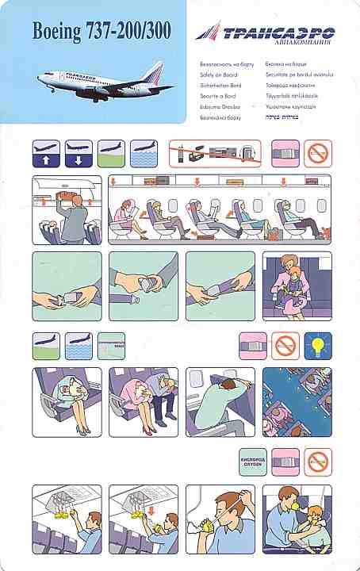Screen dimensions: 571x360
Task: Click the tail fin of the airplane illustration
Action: click(154, 72)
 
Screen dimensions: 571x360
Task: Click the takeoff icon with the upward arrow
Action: click(46, 153)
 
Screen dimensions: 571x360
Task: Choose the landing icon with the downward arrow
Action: click(79, 153)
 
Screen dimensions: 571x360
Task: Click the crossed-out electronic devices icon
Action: click(215, 152)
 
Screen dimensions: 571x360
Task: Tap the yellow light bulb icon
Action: click(318, 346)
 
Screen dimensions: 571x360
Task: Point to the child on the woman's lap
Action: click(298, 282)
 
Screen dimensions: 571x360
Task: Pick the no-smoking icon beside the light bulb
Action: click(285, 346)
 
